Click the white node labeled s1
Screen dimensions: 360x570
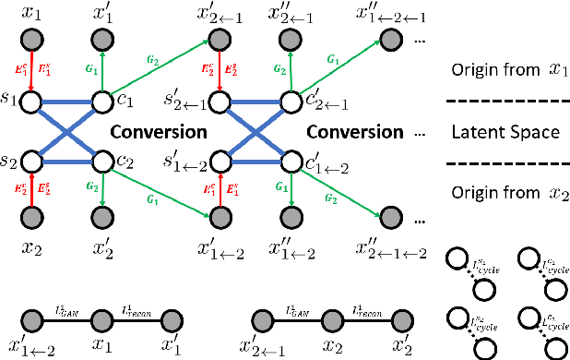coord(30,100)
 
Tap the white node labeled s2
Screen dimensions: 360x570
coord(30,161)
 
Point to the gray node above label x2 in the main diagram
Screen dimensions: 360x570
coord(30,220)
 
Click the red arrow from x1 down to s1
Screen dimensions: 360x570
coord(30,69)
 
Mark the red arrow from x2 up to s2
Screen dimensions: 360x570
coord(30,191)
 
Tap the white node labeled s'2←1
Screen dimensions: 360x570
coord(220,100)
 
